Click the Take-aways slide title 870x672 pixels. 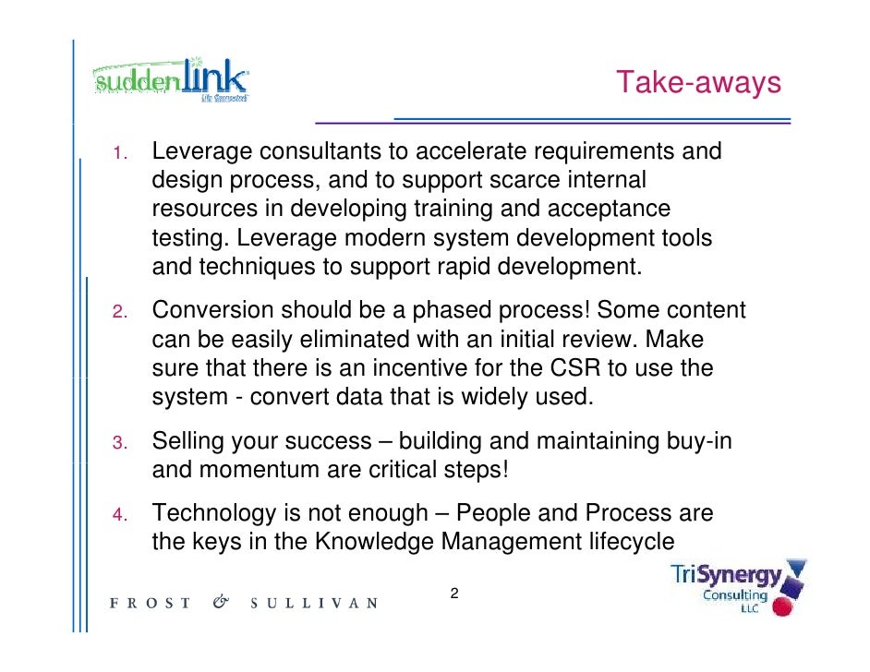[699, 82]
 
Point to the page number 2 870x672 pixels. [453, 593]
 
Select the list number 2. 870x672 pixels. [119, 312]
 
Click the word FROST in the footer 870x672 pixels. [151, 604]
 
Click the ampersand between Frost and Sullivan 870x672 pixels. [220, 603]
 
